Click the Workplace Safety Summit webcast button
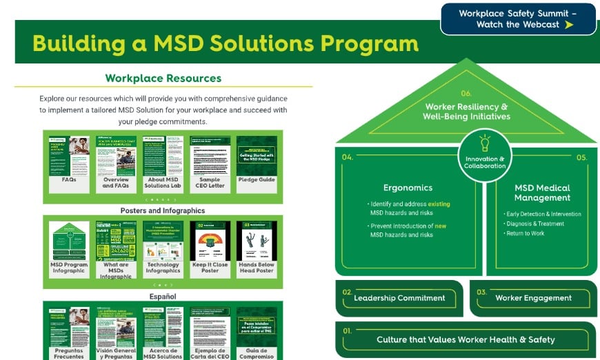(518, 19)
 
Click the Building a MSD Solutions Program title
(225, 43)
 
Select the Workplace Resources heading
(163, 78)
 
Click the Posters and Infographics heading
(163, 210)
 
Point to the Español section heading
(163, 296)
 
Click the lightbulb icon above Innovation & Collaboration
(485, 143)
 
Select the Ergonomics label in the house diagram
(408, 188)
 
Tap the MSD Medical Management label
(543, 192)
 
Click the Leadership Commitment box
(399, 298)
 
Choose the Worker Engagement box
(533, 298)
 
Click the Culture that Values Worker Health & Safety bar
(466, 339)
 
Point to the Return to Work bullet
(526, 234)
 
